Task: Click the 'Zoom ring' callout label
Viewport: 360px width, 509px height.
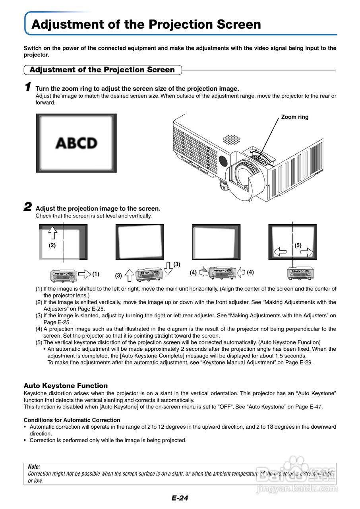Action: (x=294, y=117)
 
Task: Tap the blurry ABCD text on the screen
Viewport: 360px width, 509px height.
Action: (x=76, y=143)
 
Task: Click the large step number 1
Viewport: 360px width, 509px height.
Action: (x=27, y=86)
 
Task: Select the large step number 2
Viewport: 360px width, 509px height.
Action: (x=27, y=207)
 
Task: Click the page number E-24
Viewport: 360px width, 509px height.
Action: (x=180, y=498)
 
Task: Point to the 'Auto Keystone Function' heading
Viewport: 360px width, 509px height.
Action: (x=66, y=386)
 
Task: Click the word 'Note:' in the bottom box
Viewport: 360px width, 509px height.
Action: (x=34, y=467)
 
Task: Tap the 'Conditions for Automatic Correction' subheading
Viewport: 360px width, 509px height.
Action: (x=72, y=420)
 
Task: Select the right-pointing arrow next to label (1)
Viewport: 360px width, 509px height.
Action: (x=84, y=274)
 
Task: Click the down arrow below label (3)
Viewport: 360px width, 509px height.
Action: (x=168, y=268)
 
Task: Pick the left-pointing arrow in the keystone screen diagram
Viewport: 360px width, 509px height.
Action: (x=280, y=252)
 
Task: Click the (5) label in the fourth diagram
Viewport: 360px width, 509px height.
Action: (x=298, y=245)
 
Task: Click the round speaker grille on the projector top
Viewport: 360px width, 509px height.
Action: (x=231, y=140)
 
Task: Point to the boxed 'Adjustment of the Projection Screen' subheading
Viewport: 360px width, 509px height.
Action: (x=102, y=70)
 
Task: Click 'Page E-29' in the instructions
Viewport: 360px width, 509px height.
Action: (x=300, y=362)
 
